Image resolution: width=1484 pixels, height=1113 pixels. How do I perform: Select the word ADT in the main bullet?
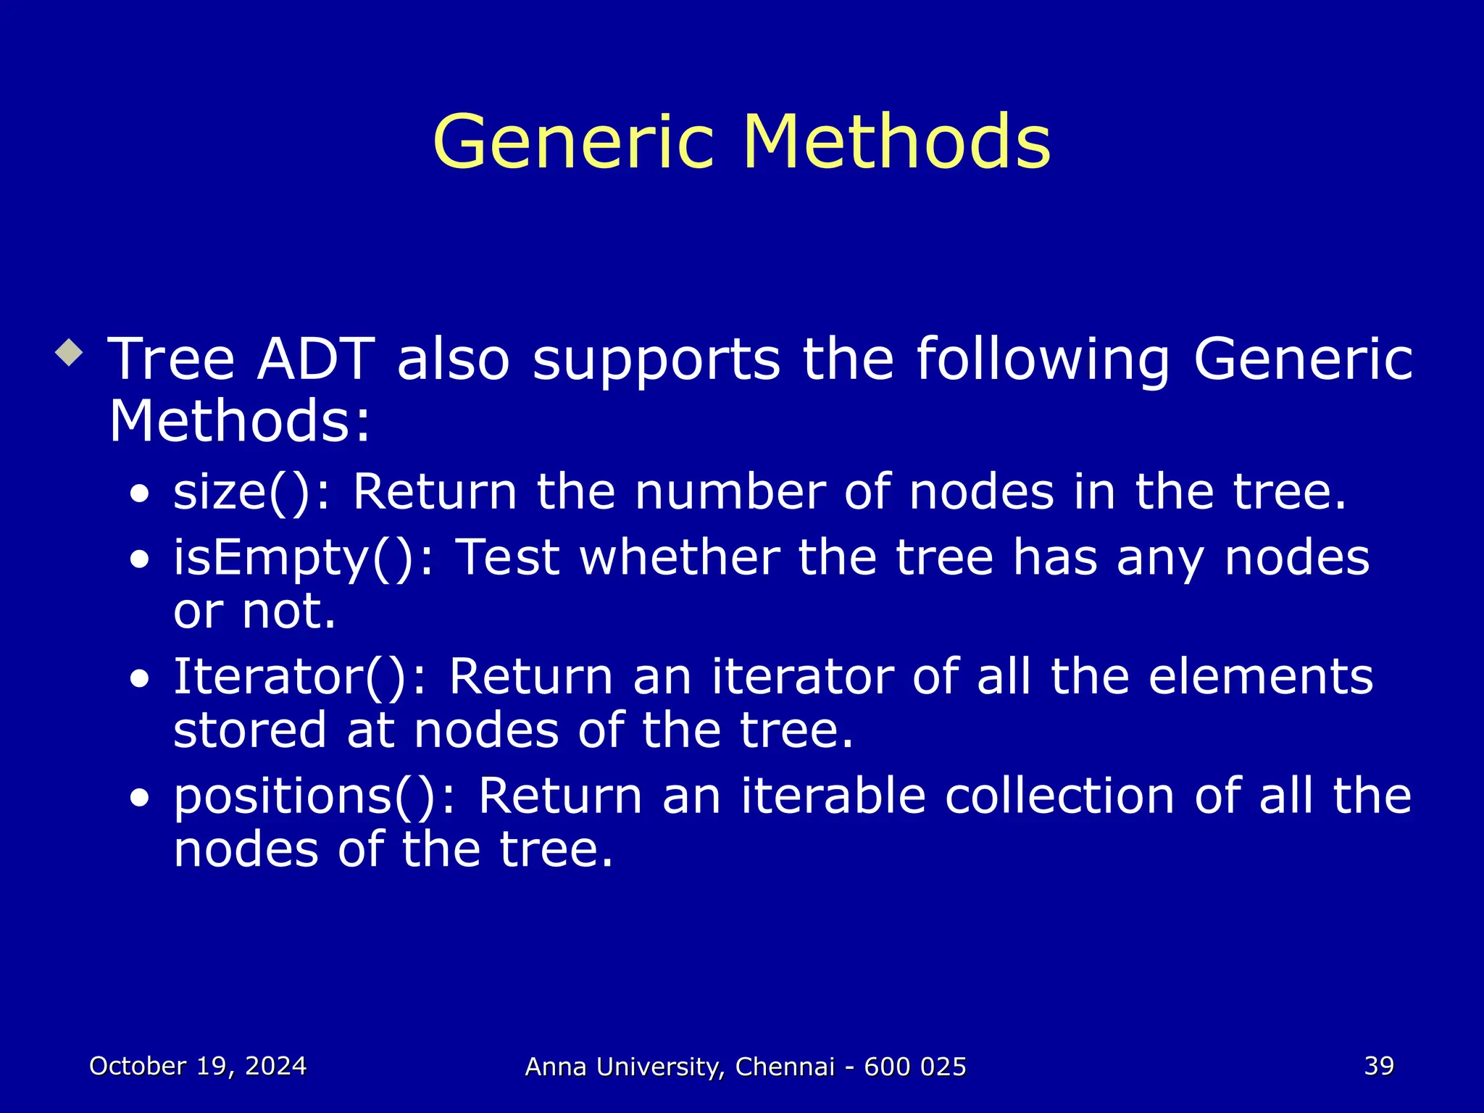pyautogui.click(x=316, y=359)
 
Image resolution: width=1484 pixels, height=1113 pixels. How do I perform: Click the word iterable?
pyautogui.click(x=833, y=796)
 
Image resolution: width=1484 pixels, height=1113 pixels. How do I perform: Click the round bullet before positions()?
pyautogui.click(x=140, y=799)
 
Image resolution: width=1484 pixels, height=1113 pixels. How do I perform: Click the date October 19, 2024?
pyautogui.click(x=198, y=1066)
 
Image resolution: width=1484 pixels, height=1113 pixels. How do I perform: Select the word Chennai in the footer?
pyautogui.click(x=785, y=1067)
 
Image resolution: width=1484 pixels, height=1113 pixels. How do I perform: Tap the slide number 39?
pyautogui.click(x=1379, y=1066)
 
